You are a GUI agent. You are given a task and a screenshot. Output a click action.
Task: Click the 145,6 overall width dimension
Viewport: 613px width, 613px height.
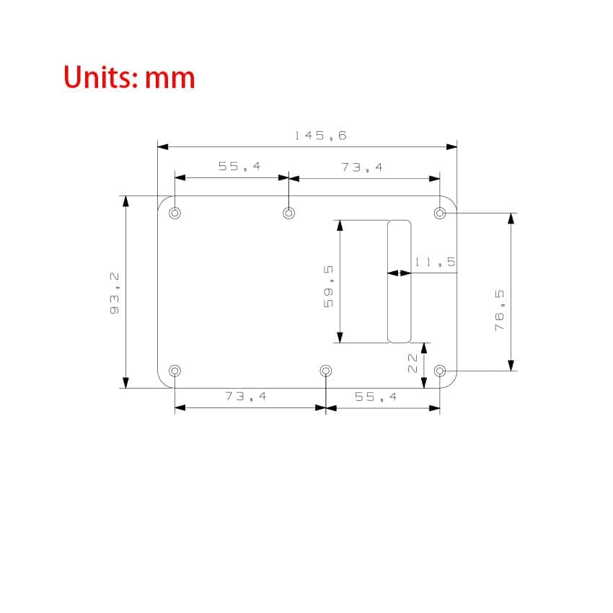[x=320, y=136]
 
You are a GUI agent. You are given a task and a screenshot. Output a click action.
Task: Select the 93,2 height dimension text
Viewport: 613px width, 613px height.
[x=115, y=294]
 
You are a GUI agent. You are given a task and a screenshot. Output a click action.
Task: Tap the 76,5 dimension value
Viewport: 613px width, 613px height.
[x=500, y=311]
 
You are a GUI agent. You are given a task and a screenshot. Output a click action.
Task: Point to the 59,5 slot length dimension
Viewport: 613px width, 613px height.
[x=328, y=286]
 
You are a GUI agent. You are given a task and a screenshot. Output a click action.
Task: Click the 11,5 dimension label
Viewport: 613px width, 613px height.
[x=435, y=262]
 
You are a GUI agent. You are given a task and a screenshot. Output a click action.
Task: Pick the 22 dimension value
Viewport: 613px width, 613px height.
[x=413, y=363]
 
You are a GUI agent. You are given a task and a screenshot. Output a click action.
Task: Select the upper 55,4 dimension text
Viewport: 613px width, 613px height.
[x=239, y=167]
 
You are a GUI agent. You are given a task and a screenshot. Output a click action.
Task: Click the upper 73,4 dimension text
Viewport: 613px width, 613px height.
[x=361, y=167]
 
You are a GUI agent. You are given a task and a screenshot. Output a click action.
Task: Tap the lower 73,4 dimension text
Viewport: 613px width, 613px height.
[x=245, y=397]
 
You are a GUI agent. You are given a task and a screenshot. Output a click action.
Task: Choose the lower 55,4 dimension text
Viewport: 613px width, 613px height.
[x=376, y=397]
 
